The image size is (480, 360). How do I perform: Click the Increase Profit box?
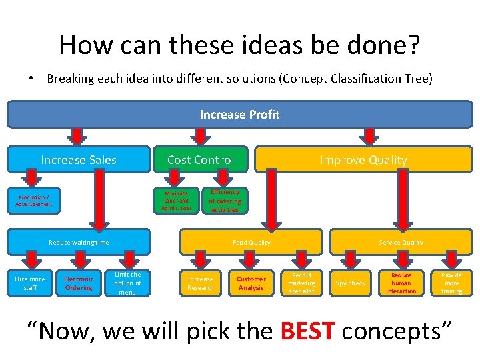239,115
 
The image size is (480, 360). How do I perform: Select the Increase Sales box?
79,160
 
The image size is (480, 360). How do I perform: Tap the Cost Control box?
201,160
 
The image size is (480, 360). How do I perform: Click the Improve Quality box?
363,160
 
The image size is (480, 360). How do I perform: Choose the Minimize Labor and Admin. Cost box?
176,201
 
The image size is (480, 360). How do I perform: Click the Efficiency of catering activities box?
225,201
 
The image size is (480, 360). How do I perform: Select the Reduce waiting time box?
79,243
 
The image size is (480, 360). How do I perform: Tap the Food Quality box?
251,243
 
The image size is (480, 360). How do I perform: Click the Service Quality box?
401,243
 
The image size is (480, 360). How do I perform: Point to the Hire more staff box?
30,283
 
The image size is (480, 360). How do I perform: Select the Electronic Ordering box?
79,283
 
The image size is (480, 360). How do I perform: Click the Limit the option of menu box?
127,283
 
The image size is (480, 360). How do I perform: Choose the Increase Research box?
201,283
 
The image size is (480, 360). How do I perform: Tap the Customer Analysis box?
251,283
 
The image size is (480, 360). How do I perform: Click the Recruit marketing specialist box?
302,283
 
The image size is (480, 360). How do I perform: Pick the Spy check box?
351,283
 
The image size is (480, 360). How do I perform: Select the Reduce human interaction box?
401,283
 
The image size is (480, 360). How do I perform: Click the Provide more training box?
451,283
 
